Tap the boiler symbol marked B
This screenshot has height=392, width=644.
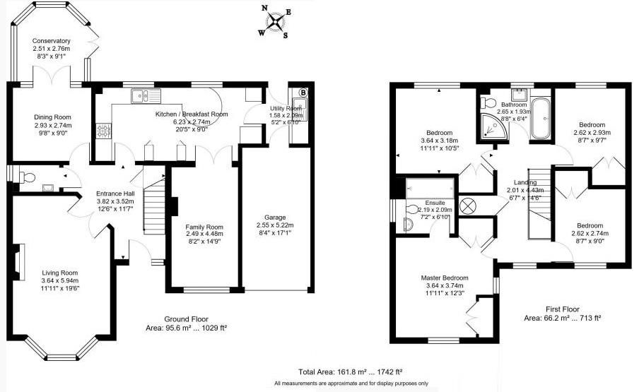[303, 92]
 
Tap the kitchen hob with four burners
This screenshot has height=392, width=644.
[103, 131]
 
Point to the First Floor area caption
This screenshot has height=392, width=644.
[563, 314]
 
